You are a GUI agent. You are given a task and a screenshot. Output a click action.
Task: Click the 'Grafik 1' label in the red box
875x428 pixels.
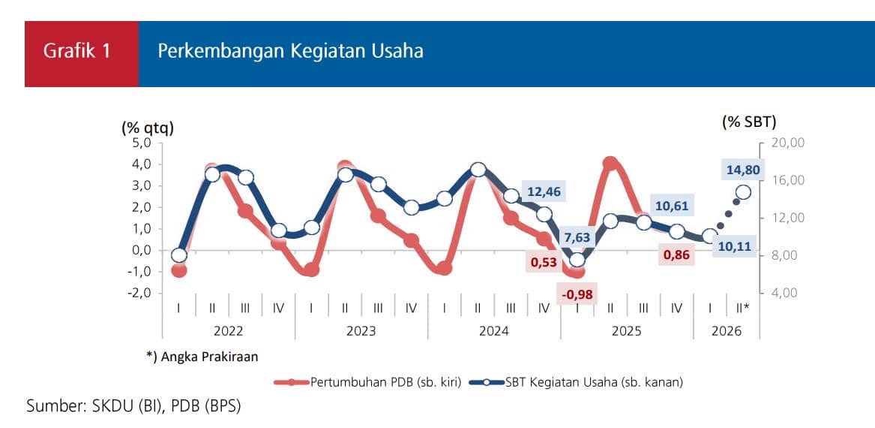tap(77, 51)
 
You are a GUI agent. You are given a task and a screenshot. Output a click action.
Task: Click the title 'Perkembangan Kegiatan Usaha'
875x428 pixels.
tap(290, 51)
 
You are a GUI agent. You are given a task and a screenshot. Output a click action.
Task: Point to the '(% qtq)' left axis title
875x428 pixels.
tap(148, 128)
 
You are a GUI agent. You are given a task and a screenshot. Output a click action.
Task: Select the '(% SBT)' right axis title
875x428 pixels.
tap(749, 122)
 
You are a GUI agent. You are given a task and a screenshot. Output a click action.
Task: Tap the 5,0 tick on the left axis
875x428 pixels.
tap(142, 143)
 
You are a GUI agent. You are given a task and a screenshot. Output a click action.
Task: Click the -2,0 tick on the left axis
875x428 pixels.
tap(140, 293)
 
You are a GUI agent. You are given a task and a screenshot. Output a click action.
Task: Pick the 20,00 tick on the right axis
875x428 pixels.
tap(787, 143)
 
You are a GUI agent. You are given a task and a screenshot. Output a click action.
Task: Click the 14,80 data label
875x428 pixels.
tap(743, 170)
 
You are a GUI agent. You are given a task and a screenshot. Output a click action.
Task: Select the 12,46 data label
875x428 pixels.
tap(542, 191)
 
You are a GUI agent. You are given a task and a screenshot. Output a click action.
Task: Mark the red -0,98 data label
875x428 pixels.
tap(577, 294)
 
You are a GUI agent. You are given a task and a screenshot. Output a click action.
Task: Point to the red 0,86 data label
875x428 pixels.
tap(679, 256)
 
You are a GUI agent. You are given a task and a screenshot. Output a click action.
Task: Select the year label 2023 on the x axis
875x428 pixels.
tap(361, 331)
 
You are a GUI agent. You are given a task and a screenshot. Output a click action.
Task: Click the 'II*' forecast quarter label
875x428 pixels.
tap(743, 308)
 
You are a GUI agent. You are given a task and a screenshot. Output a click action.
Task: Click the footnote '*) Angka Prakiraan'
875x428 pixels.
tap(202, 357)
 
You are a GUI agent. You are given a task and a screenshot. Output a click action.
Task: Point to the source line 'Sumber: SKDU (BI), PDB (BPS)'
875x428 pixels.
tap(134, 406)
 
